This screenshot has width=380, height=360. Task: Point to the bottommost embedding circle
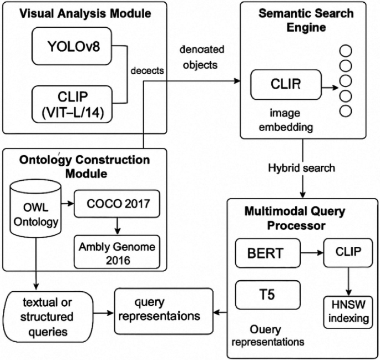pyautogui.click(x=345, y=110)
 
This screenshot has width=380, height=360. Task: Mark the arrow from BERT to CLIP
pyautogui.click(x=312, y=251)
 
